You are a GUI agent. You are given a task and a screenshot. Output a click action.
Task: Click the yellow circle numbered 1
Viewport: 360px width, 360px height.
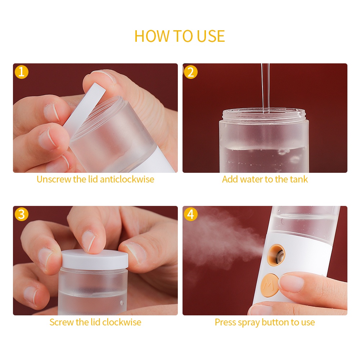(22, 72)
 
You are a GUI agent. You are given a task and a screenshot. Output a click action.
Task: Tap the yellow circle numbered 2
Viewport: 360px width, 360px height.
(191, 72)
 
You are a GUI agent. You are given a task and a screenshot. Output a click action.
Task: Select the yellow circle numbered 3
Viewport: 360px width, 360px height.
(22, 214)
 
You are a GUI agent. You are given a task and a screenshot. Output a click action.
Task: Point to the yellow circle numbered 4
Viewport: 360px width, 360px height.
(191, 214)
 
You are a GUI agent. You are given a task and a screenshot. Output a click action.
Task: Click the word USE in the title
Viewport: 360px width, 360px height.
(211, 36)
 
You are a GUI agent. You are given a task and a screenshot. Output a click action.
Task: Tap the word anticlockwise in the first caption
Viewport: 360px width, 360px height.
(127, 179)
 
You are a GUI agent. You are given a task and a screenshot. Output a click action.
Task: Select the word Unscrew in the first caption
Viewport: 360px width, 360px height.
(54, 179)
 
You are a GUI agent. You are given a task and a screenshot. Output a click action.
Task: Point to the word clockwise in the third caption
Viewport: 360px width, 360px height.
(122, 322)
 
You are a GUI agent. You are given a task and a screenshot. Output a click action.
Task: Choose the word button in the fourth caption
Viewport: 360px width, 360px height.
(275, 322)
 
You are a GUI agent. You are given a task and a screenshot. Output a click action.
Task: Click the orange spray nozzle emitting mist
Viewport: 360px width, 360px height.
(276, 255)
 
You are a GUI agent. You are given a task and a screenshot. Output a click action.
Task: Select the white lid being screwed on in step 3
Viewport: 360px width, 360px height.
(95, 260)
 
